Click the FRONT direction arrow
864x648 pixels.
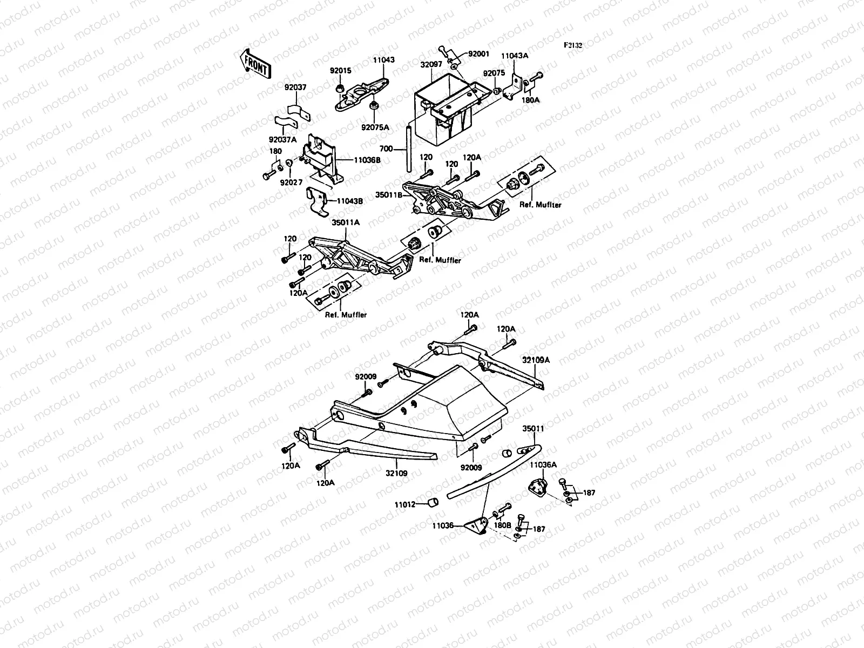[253, 64]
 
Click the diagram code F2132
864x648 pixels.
[573, 46]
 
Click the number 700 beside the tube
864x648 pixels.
[386, 148]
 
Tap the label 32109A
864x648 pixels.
[535, 359]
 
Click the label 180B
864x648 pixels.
[502, 524]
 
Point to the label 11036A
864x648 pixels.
[543, 464]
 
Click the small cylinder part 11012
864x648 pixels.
[432, 503]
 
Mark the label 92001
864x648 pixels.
[478, 54]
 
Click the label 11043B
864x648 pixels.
[349, 201]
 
